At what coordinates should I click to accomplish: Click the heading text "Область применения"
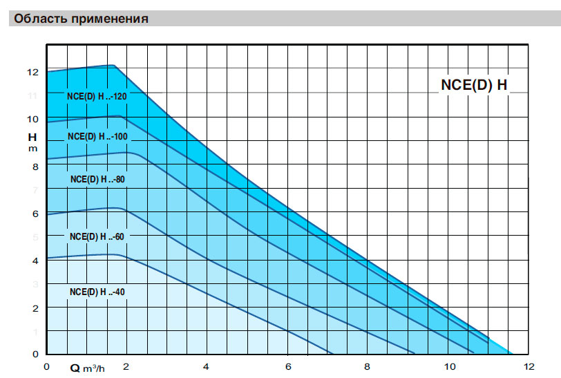click(81, 19)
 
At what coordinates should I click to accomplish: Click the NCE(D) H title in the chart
click(474, 85)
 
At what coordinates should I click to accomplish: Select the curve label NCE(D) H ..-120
click(97, 96)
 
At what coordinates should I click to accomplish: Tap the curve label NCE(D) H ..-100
click(97, 136)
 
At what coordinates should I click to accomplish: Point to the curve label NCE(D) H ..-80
click(97, 180)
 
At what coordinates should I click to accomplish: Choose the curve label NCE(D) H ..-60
click(97, 236)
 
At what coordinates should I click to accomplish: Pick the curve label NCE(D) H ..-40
click(97, 292)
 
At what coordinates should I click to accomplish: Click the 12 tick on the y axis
click(32, 73)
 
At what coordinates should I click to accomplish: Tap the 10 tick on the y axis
click(32, 119)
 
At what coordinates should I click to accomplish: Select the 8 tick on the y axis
click(35, 167)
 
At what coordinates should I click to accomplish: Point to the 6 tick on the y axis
click(35, 214)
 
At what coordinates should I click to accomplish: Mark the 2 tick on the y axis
click(35, 308)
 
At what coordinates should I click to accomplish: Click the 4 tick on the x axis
click(206, 366)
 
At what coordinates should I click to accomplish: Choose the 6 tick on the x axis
click(288, 366)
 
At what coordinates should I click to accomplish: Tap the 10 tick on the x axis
click(450, 366)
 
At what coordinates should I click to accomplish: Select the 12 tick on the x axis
click(529, 366)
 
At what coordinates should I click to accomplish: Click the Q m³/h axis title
click(87, 368)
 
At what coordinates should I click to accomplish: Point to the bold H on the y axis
click(32, 137)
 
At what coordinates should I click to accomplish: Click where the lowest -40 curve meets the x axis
click(333, 354)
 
